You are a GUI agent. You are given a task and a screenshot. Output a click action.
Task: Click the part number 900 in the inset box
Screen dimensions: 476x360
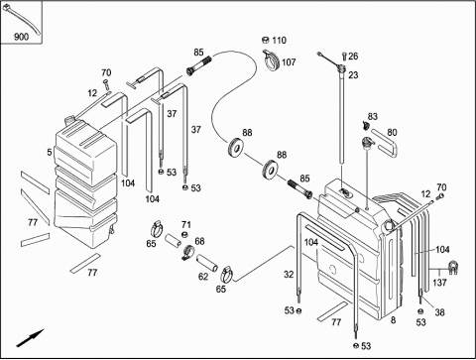pyautogui.click(x=21, y=37)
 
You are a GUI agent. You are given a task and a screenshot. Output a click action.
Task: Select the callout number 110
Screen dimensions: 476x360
pyautogui.click(x=279, y=41)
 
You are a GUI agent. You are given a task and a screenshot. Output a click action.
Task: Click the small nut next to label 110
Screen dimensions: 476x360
pyautogui.click(x=266, y=40)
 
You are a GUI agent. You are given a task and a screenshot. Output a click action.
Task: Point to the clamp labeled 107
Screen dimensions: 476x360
pyautogui.click(x=272, y=60)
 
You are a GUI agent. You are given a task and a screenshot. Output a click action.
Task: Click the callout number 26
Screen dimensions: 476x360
pyautogui.click(x=353, y=57)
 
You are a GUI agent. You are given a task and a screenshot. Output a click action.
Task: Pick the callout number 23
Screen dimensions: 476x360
pyautogui.click(x=353, y=75)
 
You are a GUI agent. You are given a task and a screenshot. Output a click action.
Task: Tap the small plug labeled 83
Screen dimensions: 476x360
pyautogui.click(x=366, y=125)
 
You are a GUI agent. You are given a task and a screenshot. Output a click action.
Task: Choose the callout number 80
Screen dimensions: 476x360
pyautogui.click(x=392, y=133)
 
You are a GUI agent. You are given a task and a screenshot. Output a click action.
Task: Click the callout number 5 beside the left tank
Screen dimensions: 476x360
pyautogui.click(x=50, y=153)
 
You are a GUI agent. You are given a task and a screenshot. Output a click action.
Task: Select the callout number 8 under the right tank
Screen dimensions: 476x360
pyautogui.click(x=393, y=320)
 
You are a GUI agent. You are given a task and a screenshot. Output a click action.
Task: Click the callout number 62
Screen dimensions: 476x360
pyautogui.click(x=203, y=277)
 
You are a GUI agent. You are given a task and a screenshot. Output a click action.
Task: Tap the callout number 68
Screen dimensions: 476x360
pyautogui.click(x=199, y=241)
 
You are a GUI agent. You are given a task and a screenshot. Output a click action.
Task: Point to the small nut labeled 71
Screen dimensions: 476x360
pyautogui.click(x=185, y=235)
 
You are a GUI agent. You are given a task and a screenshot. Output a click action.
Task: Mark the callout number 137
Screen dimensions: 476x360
pyautogui.click(x=439, y=283)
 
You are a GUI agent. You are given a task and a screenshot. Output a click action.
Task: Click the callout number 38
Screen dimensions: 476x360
pyautogui.click(x=439, y=312)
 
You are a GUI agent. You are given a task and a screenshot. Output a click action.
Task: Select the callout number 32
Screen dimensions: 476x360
pyautogui.click(x=289, y=275)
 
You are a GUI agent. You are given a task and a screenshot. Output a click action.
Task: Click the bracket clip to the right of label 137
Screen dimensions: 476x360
pyautogui.click(x=452, y=268)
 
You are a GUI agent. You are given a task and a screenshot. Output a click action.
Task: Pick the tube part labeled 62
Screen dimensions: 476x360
pyautogui.click(x=207, y=263)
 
